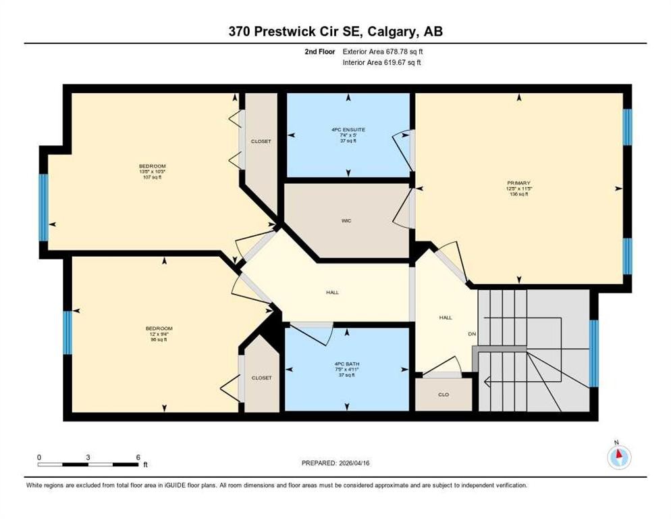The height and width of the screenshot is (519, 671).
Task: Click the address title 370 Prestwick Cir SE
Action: (x=335, y=32)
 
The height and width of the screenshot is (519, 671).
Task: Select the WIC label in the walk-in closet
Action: (x=346, y=220)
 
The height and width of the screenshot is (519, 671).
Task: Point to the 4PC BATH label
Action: (x=348, y=370)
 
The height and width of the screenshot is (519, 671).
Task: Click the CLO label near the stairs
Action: (x=443, y=395)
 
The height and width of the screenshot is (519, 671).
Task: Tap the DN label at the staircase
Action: (x=473, y=334)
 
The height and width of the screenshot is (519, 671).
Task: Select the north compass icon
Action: (x=618, y=458)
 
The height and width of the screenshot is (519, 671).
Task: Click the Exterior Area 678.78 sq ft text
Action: (x=383, y=51)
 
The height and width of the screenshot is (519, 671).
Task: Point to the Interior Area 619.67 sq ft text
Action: (x=383, y=63)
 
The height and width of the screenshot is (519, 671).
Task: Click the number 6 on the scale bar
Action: (x=138, y=457)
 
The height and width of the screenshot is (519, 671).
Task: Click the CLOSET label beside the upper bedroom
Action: (x=261, y=141)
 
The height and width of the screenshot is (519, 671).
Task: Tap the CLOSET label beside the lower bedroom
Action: (x=261, y=378)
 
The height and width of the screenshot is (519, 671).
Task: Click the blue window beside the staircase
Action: (x=593, y=353)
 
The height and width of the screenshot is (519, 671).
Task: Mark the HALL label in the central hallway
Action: (x=332, y=293)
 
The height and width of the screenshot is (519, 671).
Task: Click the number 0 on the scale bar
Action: (x=40, y=457)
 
